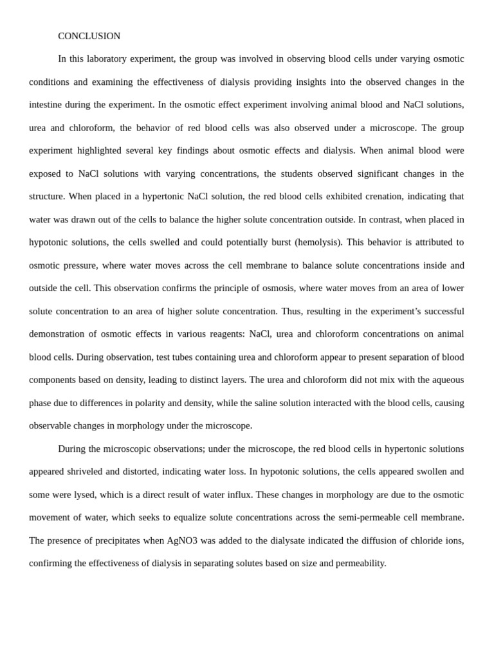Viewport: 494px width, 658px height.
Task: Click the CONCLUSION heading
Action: point(89,36)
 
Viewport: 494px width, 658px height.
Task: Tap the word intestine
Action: point(48,105)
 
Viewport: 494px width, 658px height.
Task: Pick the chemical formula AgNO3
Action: point(182,540)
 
